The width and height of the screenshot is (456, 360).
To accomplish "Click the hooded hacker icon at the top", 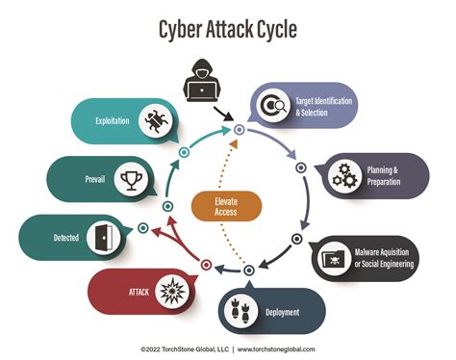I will coord(204,82).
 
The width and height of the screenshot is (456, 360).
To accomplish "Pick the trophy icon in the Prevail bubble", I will coord(128,178).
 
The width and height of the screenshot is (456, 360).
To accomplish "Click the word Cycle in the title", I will coord(272,29).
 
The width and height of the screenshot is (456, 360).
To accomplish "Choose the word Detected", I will coord(64,237).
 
